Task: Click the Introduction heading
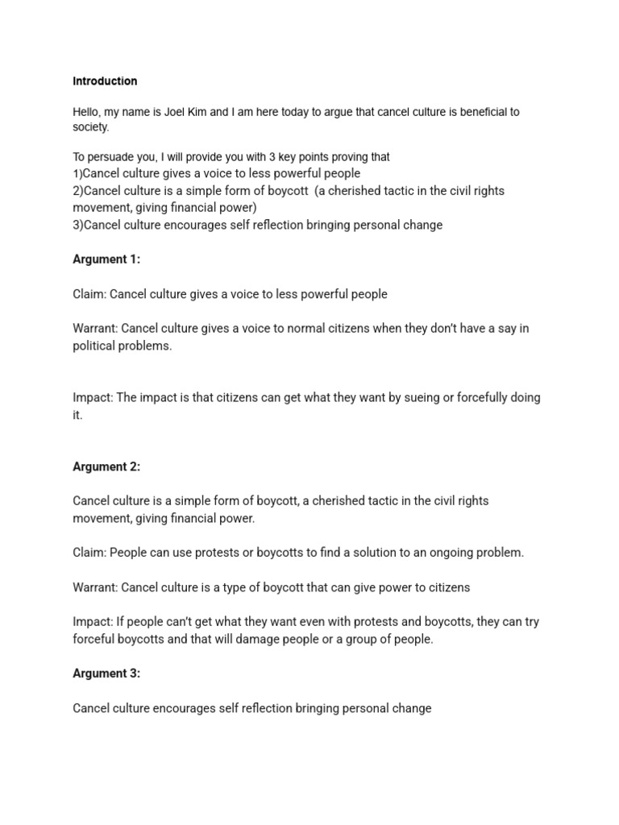105,81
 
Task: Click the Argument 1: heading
106,259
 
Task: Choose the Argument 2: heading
106,466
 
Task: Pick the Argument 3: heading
106,674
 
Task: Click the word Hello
88,112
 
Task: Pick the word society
90,127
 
